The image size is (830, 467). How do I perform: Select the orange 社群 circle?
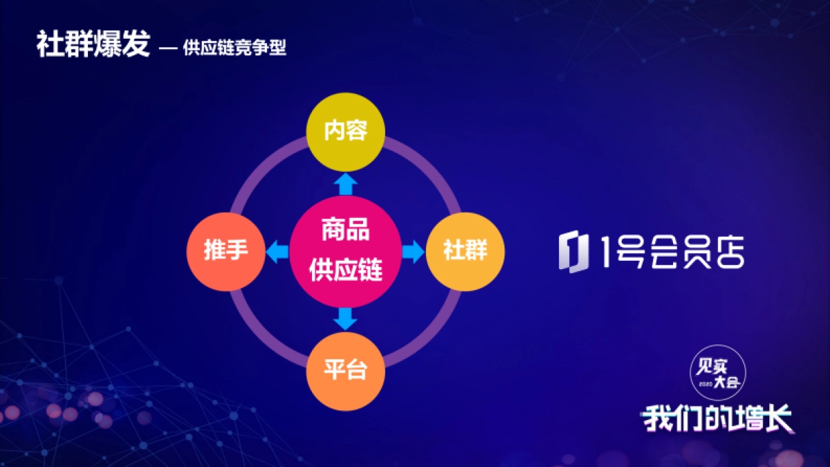(465, 251)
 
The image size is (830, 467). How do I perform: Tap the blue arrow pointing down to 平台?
(345, 318)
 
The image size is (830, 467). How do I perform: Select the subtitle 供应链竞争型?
(234, 48)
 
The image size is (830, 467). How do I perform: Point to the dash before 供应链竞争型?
(168, 49)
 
